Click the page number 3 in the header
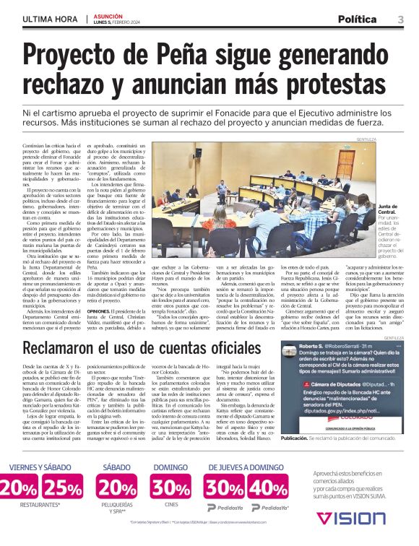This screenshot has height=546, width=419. (401, 18)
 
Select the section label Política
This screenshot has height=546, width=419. (363, 18)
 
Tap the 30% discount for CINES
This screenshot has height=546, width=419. (170, 487)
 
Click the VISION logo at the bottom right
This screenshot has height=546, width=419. (351, 519)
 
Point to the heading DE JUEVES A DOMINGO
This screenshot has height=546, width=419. (246, 467)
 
